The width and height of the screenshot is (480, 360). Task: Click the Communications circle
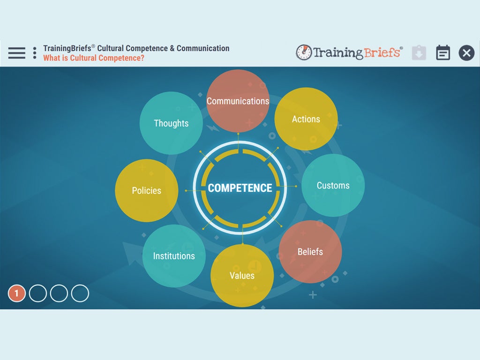(x=238, y=101)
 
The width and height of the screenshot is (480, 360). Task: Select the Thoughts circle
(x=171, y=123)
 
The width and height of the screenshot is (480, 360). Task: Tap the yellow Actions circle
(x=306, y=119)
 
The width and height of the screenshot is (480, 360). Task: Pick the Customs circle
(x=333, y=185)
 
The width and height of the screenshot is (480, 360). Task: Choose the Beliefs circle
(x=310, y=252)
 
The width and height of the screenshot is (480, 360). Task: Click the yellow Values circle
(x=242, y=276)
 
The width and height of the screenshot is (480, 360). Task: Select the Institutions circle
(x=174, y=256)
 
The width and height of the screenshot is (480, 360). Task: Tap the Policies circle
(x=146, y=190)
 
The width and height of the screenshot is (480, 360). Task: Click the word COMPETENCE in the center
(x=240, y=188)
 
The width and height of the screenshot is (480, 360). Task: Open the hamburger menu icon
(x=17, y=52)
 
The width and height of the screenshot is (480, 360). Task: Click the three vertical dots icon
(x=35, y=52)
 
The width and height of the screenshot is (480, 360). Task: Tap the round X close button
(x=466, y=52)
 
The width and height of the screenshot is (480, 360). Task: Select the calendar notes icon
(x=443, y=52)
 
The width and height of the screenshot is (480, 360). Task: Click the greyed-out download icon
(x=419, y=52)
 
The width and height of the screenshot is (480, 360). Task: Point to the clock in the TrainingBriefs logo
(x=304, y=52)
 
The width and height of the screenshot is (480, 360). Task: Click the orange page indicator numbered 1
(x=16, y=293)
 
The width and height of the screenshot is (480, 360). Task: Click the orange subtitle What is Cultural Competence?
(x=94, y=58)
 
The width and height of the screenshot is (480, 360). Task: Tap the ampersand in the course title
(x=172, y=48)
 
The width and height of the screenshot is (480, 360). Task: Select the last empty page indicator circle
(x=80, y=293)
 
